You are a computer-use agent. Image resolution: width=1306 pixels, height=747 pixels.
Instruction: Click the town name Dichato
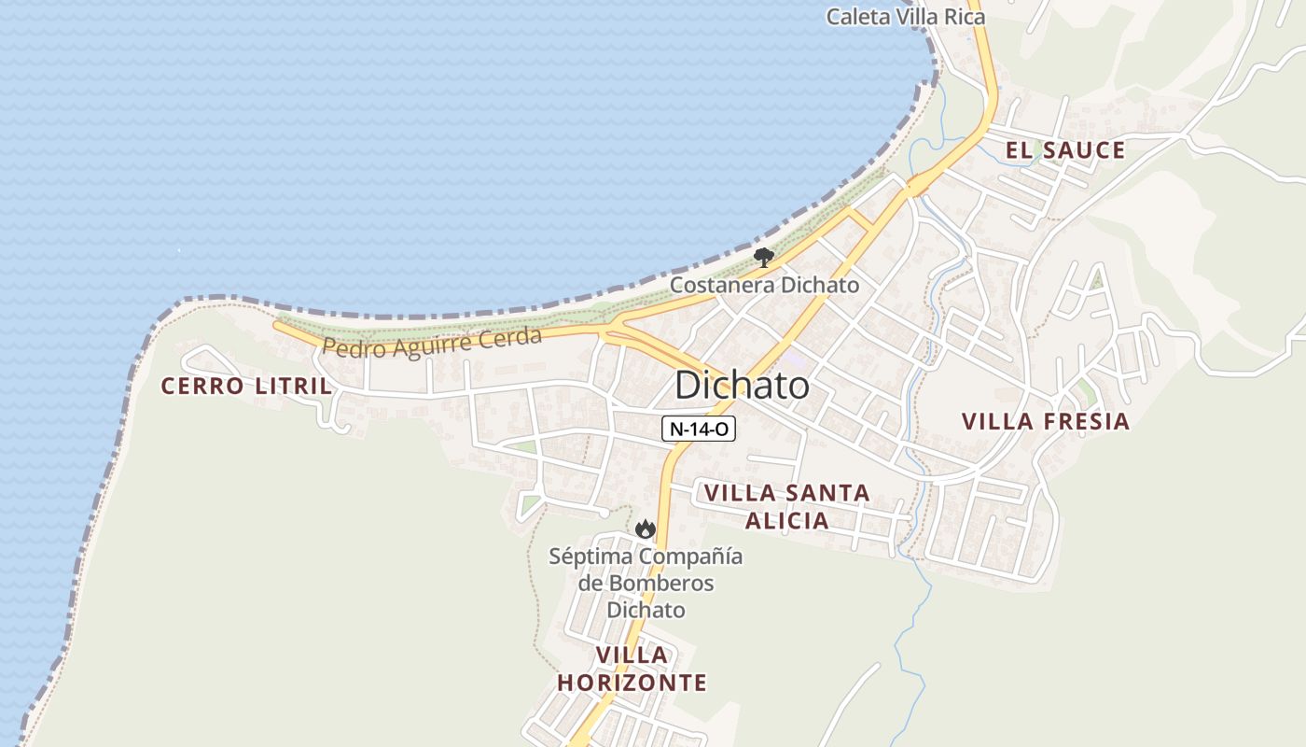pos(742,385)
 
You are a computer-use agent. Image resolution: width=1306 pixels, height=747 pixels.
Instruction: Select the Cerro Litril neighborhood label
pos(246,386)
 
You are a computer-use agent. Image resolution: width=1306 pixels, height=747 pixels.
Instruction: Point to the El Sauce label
pos(1064,150)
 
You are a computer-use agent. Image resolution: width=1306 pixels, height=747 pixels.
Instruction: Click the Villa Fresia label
pos(1046,421)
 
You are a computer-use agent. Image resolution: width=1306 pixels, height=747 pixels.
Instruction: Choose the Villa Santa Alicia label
pos(786,506)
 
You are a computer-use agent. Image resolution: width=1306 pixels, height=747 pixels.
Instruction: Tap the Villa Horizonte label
pos(632,669)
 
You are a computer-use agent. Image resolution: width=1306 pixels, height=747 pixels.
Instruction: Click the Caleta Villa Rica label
pos(906,17)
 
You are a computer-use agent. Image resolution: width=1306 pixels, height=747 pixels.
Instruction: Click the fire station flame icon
pos(645,529)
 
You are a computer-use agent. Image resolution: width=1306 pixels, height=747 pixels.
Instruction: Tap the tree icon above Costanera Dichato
pos(764,258)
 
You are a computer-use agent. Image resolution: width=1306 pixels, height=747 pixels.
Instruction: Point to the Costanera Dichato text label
pos(764,285)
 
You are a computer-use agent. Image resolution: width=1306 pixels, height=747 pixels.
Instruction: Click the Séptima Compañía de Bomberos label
pos(646,584)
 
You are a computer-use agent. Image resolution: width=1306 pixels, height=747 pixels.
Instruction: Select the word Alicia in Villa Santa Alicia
pos(788,520)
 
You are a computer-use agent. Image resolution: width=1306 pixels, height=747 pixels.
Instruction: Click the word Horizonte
pos(632,683)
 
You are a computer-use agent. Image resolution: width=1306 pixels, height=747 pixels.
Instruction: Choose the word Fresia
pos(1085,421)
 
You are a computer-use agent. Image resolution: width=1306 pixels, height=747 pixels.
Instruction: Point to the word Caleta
pos(859,17)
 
